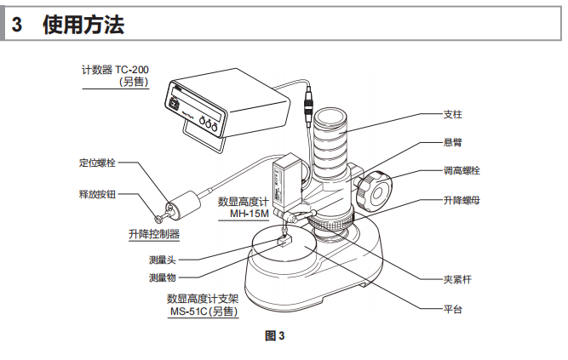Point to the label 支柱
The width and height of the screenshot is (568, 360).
click(x=454, y=113)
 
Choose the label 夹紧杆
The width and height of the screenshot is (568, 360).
click(x=458, y=278)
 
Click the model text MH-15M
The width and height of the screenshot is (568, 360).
click(x=249, y=214)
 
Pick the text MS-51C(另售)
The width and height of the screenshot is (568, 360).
click(x=204, y=312)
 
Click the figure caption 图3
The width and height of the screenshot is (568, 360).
click(x=275, y=336)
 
